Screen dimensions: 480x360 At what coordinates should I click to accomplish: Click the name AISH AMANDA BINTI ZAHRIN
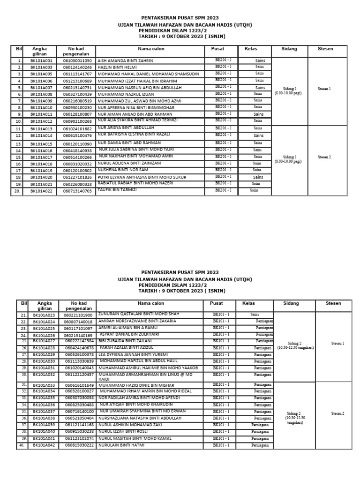(x=125, y=61)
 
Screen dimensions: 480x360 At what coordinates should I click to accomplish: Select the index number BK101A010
(x=42, y=108)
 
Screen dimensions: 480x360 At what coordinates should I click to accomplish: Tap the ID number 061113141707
(x=77, y=74)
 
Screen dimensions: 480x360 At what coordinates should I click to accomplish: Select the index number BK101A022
(x=42, y=191)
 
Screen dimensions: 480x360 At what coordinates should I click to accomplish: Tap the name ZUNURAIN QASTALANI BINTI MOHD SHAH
(x=139, y=314)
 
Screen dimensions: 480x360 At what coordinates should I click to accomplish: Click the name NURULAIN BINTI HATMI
(x=121, y=445)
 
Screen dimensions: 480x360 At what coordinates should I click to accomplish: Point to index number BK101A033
(x=44, y=385)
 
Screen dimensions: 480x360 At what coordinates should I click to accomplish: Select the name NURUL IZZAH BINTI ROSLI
(x=122, y=431)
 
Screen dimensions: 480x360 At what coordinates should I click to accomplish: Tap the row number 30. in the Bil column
(x=24, y=375)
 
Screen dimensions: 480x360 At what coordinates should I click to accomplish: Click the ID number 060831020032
(x=77, y=164)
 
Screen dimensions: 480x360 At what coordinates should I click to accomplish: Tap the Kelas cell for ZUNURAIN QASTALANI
(x=255, y=315)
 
